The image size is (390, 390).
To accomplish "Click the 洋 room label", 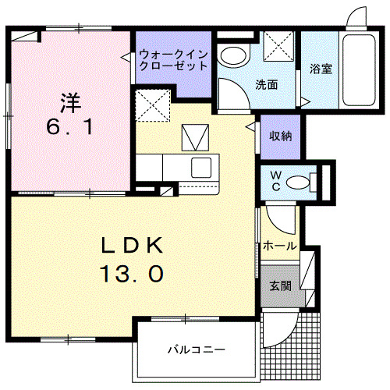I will tap(69, 101).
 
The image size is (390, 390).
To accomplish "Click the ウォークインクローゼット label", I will tap(173, 61).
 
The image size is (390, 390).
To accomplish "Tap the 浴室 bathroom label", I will tap(321, 69).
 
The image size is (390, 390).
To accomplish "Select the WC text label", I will tap(277, 181).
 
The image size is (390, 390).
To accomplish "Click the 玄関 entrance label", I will tap(281, 285).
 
